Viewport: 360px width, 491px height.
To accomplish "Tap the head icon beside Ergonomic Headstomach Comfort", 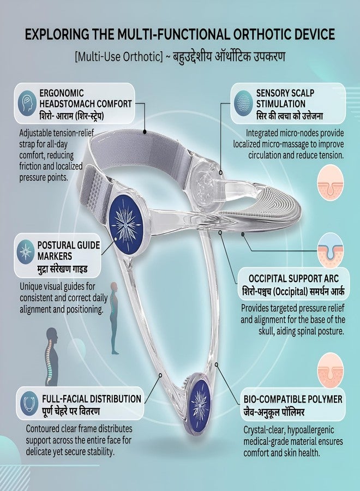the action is [28, 102].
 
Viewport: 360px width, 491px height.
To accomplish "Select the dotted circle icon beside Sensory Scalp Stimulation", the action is [243, 103].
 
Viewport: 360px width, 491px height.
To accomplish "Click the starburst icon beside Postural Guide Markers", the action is [26, 252].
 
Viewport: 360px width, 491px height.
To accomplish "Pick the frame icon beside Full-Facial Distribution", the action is [29, 403].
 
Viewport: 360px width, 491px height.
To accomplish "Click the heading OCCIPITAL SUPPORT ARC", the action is [293, 278].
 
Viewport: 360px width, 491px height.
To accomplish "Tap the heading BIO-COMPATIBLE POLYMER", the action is [293, 399].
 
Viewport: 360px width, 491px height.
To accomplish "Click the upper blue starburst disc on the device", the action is [126, 223].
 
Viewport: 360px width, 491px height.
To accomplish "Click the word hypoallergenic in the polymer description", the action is [310, 430].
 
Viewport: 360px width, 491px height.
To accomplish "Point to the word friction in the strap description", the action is [31, 166].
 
